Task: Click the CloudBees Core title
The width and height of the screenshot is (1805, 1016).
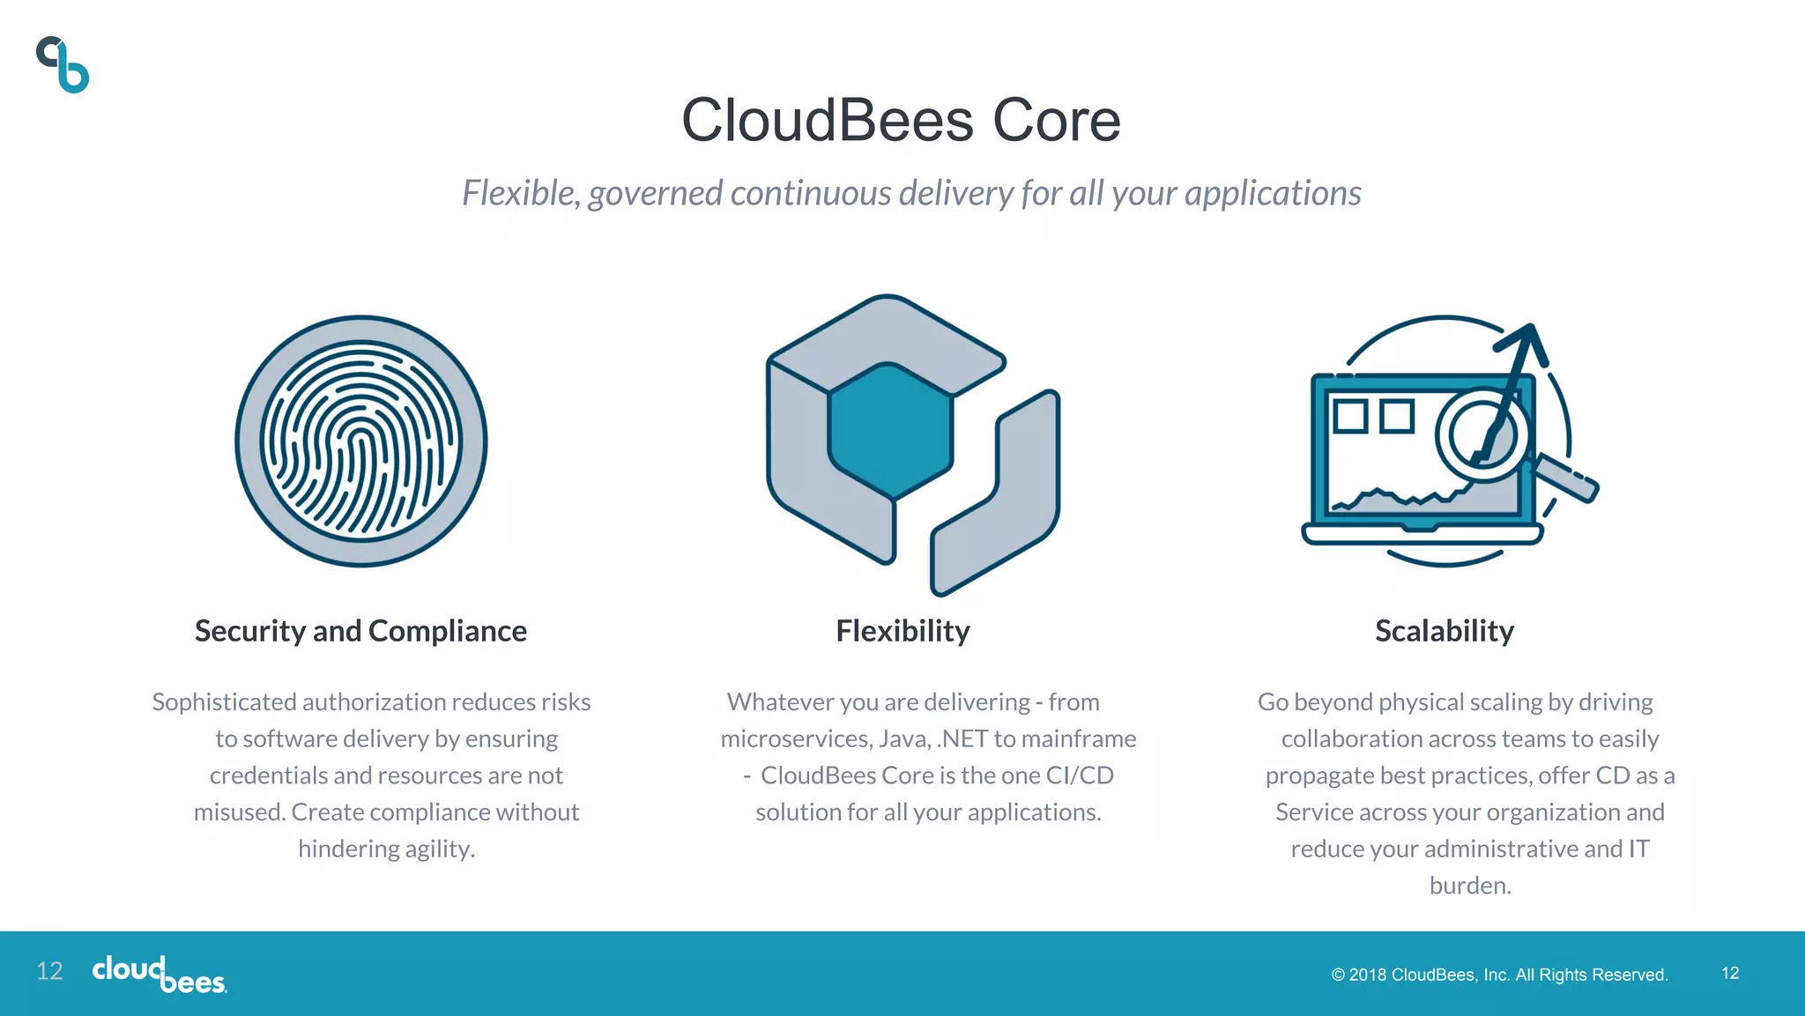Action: [901, 121]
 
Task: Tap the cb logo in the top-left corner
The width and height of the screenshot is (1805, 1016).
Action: [63, 64]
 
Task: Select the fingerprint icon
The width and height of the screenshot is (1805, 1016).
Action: [360, 441]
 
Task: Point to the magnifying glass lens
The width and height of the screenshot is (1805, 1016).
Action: [1481, 434]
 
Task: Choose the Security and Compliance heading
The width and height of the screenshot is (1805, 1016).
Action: [360, 631]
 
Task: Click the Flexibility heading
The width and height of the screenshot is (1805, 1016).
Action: [902, 631]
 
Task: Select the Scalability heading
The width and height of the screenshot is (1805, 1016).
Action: [1444, 631]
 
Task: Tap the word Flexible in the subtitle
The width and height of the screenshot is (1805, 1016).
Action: [519, 194]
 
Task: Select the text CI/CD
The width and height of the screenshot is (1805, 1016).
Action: [1079, 775]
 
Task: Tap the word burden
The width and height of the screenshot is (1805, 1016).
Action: [1468, 886]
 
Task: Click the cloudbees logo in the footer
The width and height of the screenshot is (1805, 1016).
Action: [159, 974]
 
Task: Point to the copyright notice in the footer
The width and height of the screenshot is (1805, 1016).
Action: [1499, 975]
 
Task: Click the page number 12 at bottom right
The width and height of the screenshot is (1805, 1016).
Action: [1730, 973]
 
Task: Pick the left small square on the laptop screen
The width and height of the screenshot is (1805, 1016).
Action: [1349, 416]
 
